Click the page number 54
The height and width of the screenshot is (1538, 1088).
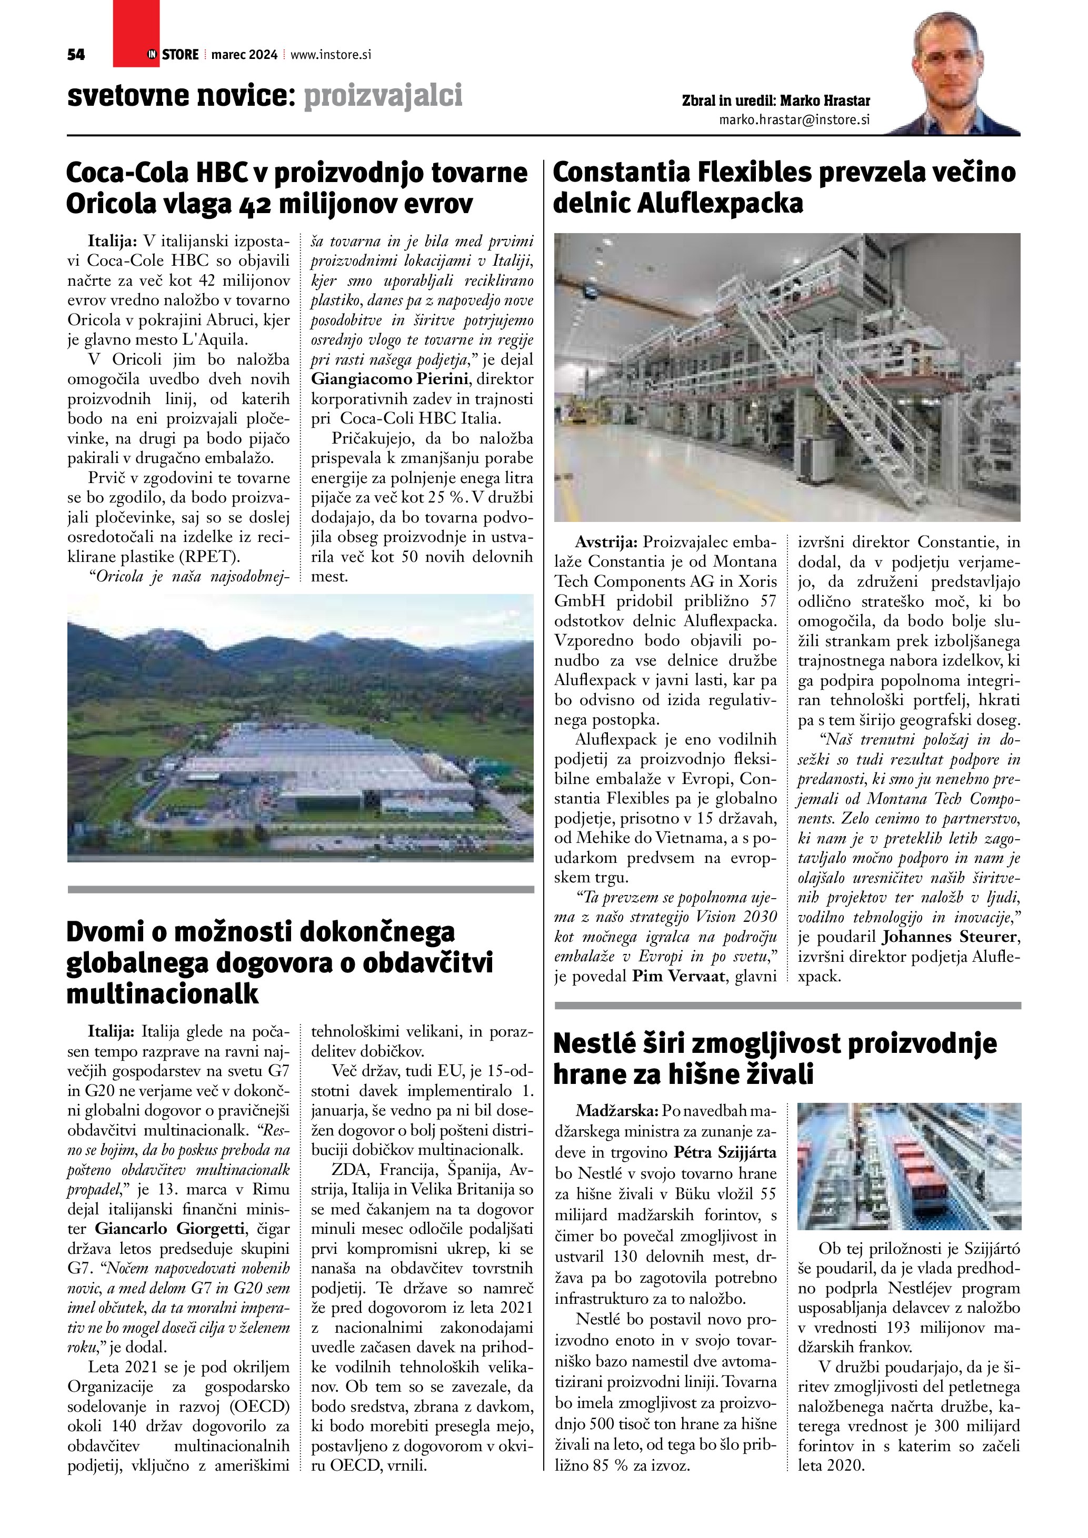(76, 55)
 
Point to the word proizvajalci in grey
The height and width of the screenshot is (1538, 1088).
(383, 96)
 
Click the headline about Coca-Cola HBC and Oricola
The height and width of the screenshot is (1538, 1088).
(297, 188)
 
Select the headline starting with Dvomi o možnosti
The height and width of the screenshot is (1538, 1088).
(280, 962)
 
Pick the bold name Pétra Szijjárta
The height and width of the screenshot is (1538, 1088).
(725, 1153)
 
